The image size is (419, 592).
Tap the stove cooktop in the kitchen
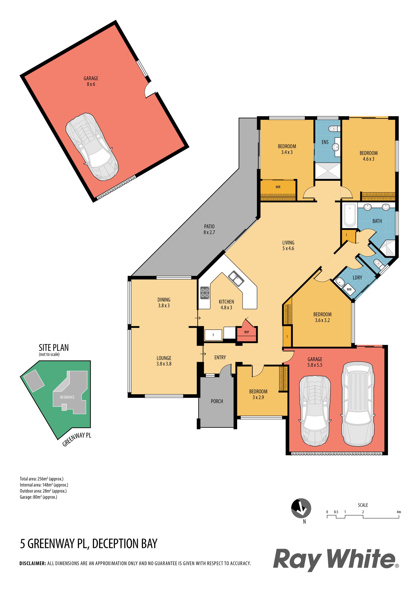[205, 293]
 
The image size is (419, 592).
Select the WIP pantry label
[247, 332]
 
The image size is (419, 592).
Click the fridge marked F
[213, 335]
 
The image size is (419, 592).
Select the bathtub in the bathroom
[350, 215]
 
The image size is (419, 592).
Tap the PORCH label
[217, 401]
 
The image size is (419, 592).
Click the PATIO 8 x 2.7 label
[209, 229]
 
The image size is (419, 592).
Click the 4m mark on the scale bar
[399, 512]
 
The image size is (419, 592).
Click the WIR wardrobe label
[278, 187]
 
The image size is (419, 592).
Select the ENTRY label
[220, 357]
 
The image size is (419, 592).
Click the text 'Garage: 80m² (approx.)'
[38, 497]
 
